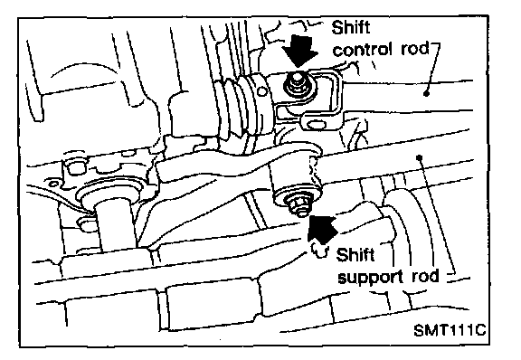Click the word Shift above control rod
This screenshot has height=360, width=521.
pyautogui.click(x=351, y=27)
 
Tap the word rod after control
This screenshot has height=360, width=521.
pyautogui.click(x=414, y=49)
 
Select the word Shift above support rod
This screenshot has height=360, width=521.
pyautogui.click(x=355, y=255)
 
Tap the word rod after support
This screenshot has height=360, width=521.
pyautogui.click(x=426, y=276)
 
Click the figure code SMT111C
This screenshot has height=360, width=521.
pyautogui.click(x=450, y=330)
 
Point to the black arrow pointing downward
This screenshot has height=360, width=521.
pyautogui.click(x=299, y=52)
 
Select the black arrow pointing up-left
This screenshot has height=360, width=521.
pyautogui.click(x=320, y=229)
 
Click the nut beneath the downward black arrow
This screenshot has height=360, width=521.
pyautogui.click(x=297, y=85)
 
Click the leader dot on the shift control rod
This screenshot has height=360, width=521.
pyautogui.click(x=426, y=94)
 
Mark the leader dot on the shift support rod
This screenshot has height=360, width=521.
pyautogui.click(x=420, y=156)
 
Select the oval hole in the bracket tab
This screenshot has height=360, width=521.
pyautogui.click(x=316, y=124)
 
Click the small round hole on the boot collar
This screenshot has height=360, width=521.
pyautogui.click(x=262, y=91)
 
